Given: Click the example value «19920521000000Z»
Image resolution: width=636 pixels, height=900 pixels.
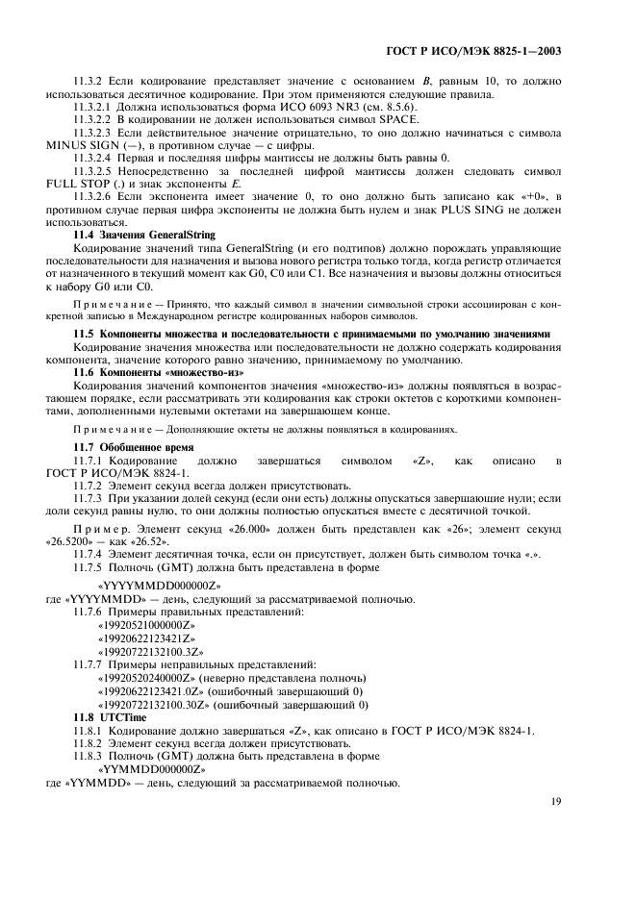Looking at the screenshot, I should point(146,625).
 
